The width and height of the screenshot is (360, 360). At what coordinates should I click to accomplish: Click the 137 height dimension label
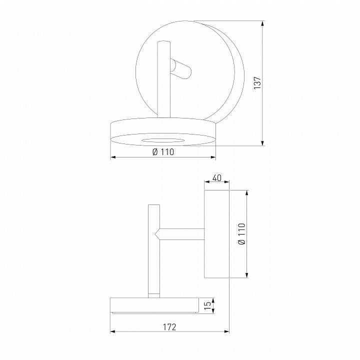tap(257, 83)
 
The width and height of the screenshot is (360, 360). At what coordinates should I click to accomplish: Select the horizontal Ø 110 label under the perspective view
tap(162, 152)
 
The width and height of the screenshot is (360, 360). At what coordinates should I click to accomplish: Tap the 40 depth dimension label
tap(216, 178)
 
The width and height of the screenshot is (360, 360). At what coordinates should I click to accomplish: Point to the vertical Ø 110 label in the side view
tap(242, 233)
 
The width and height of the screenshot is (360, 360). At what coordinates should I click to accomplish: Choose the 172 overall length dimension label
tap(169, 327)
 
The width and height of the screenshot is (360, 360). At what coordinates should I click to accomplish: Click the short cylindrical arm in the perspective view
tap(180, 68)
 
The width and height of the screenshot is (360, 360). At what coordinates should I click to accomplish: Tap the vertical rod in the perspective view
tap(163, 80)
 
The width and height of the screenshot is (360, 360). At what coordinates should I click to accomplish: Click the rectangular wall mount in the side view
tap(216, 233)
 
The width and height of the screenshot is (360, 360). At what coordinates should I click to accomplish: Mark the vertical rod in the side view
tap(153, 250)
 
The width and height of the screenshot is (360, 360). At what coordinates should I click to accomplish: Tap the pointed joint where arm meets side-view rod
tap(157, 233)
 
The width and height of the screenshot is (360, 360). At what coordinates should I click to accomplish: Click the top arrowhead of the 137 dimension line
tap(263, 23)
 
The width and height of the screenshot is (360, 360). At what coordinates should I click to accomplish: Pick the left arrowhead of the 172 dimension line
tap(112, 331)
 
